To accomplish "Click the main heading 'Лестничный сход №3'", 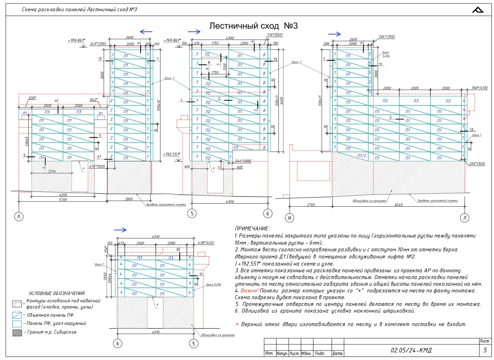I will pyautogui.click(x=254, y=26).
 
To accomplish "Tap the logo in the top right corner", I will pyautogui.click(x=479, y=10).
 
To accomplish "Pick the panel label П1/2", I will pyautogui.click(x=362, y=155).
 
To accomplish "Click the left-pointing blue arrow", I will pyautogui.click(x=146, y=32).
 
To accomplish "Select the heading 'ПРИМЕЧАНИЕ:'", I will pyautogui.click(x=252, y=228).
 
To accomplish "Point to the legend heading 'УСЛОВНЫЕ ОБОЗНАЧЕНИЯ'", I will pyautogui.click(x=57, y=294).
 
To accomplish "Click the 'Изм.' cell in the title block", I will pyautogui.click(x=269, y=353).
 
